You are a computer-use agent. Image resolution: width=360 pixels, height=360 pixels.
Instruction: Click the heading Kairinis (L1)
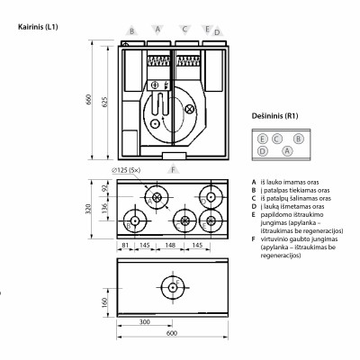tap(38, 28)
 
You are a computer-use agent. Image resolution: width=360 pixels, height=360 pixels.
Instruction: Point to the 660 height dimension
tap(88, 99)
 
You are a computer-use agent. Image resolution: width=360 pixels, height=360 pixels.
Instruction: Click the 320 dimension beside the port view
tap(88, 210)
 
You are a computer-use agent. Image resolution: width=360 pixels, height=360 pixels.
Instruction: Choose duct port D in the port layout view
tap(134, 220)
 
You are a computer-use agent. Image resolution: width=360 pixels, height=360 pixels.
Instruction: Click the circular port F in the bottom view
tap(170, 287)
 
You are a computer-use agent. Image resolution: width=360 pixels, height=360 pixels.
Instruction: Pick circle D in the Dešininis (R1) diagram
tap(262, 150)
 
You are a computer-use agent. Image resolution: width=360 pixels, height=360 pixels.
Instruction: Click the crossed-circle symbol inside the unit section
tap(189, 109)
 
